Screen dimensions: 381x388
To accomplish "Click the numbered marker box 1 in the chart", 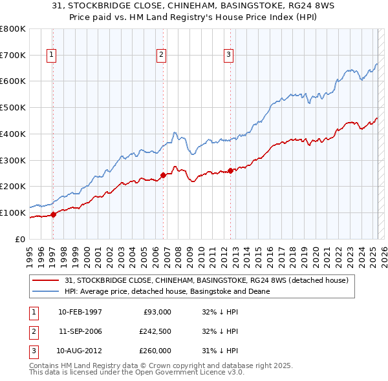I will click(51, 56).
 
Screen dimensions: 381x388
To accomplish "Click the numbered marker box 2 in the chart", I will click(160, 56).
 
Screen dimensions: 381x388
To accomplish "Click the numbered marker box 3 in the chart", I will click(228, 56).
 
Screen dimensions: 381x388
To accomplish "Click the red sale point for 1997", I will click(54, 215).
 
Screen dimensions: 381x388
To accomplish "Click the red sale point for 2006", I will click(163, 174).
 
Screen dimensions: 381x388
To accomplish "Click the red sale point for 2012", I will click(231, 170).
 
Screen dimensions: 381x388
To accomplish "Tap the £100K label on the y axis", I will click(14, 212).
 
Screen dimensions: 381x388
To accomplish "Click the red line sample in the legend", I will click(46, 280).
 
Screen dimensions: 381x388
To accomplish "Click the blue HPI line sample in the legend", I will click(46, 291).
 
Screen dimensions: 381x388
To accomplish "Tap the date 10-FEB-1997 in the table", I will click(80, 312).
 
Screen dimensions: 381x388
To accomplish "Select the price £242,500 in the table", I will click(155, 331).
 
